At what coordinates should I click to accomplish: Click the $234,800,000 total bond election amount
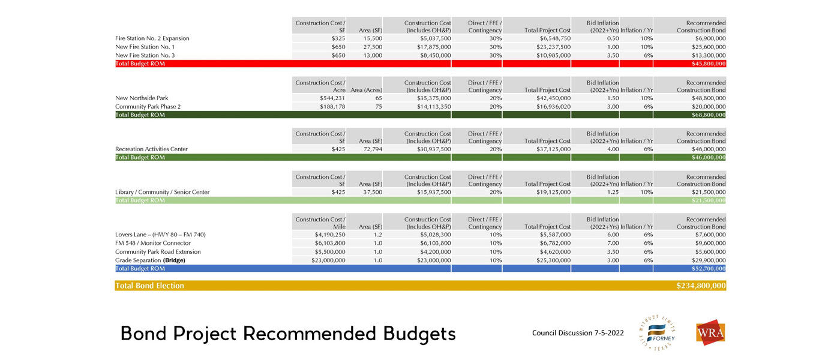pyautogui.click(x=701, y=286)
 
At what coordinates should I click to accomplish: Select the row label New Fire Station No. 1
pyautogui.click(x=145, y=47)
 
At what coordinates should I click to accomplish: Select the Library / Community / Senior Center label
pyautogui.click(x=162, y=192)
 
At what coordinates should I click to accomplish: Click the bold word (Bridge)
pyautogui.click(x=174, y=260)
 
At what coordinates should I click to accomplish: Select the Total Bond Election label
pyautogui.click(x=149, y=286)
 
